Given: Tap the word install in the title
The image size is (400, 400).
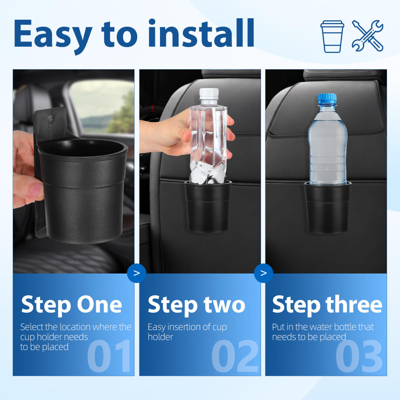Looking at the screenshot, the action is (201, 33).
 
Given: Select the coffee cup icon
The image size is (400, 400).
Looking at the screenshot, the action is (332, 36).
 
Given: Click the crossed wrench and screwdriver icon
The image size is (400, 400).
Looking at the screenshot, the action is (368, 36).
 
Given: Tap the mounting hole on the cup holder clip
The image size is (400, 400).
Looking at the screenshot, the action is (51, 118).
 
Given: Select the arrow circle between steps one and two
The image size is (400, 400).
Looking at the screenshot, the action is (137, 273).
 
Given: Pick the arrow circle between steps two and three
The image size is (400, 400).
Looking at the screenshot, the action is (263, 273).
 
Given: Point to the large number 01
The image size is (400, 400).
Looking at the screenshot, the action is (109, 356).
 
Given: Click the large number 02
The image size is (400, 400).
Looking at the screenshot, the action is (235, 356).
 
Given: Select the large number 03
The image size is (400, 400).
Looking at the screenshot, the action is (359, 356).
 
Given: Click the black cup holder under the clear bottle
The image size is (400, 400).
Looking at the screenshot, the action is (208, 206).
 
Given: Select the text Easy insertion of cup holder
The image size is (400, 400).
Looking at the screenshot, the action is (187, 332).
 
